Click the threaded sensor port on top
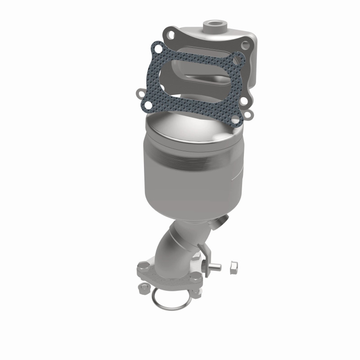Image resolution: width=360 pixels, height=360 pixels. point(213,23)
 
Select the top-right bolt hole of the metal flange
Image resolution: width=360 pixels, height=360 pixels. point(245,45)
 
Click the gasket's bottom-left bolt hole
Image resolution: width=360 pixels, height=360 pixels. point(140,94)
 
